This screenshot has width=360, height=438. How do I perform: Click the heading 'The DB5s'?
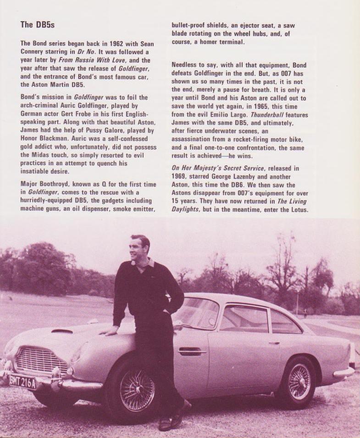click(38, 25)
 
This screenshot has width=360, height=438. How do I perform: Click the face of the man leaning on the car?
click(137, 250)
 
